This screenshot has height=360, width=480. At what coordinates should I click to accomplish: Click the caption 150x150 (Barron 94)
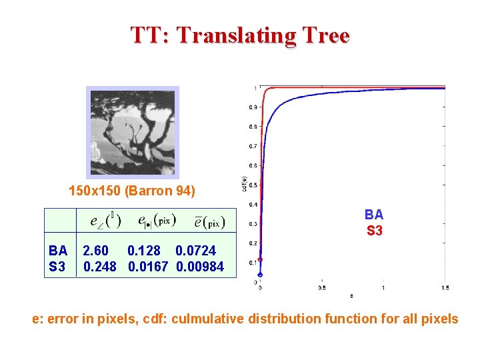[132, 191]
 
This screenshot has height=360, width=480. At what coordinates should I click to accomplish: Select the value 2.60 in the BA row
[95, 251]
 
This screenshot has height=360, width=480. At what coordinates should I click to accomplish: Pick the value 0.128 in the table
[143, 251]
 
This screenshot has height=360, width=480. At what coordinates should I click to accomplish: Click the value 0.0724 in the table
[195, 251]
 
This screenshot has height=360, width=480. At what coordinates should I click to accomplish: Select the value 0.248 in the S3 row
[99, 267]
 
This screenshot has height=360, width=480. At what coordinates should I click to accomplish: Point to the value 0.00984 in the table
[200, 267]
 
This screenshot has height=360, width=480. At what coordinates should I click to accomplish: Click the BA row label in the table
[58, 251]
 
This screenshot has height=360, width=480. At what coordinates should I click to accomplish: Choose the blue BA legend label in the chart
[374, 215]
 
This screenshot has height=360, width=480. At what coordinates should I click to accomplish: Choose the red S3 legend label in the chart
[374, 231]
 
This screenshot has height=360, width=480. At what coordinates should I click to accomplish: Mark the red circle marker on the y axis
[260, 259]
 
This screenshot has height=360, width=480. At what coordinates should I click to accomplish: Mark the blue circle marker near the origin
[260, 275]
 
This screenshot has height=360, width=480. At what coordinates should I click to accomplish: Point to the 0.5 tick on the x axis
[322, 288]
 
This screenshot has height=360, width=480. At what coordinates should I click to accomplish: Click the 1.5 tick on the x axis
[445, 288]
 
